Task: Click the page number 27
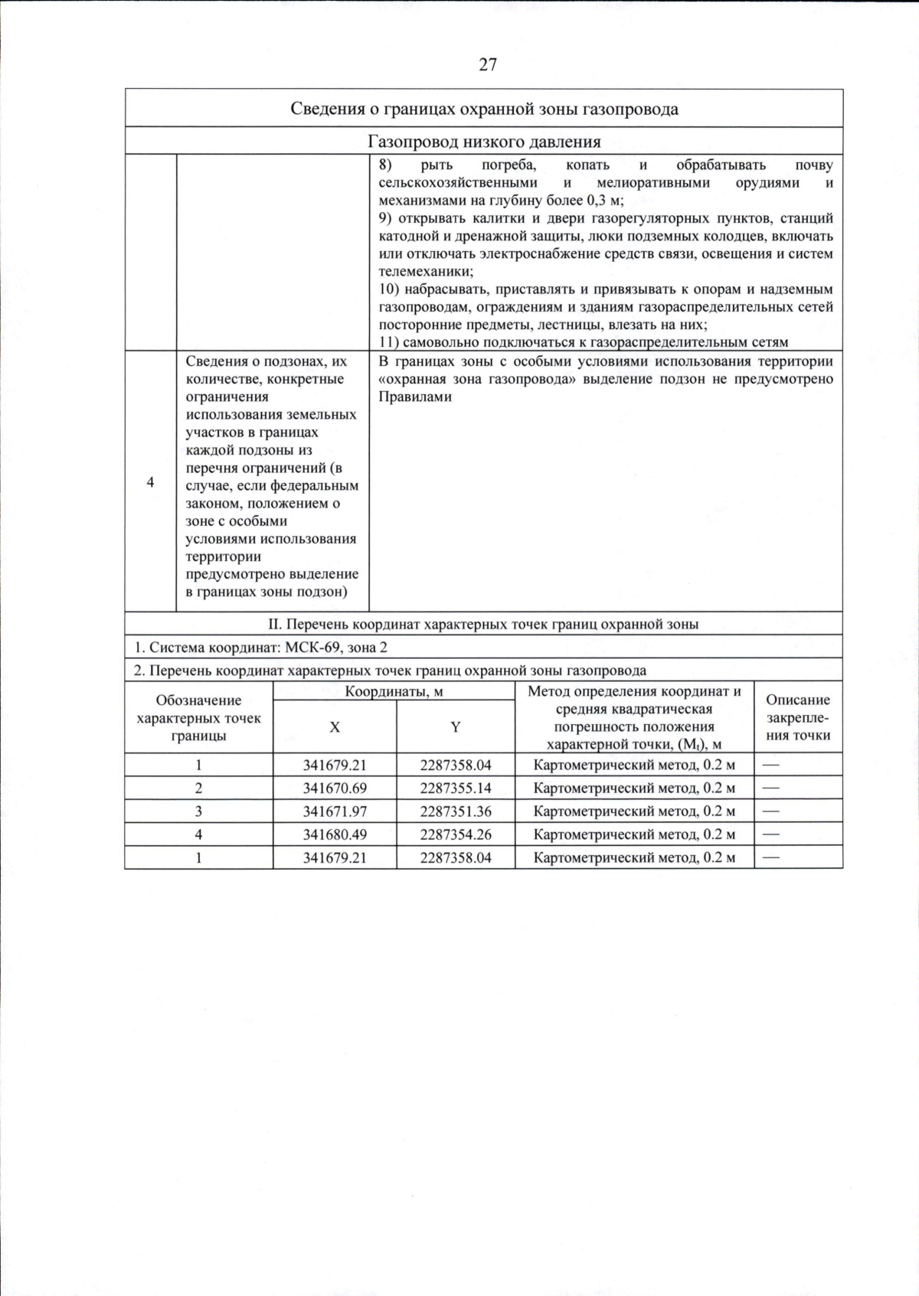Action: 488,65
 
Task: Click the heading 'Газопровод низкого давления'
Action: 484,142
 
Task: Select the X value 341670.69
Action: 335,788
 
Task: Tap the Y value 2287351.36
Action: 455,811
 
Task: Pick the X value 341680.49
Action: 335,834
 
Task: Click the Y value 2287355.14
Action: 455,788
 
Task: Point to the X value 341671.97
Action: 335,811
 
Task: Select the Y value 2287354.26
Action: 455,834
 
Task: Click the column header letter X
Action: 335,727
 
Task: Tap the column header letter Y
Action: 455,727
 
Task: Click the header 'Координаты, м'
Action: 394,691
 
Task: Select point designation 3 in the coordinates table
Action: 198,811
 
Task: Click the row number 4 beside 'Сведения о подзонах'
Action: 150,482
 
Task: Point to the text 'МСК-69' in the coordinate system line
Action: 310,648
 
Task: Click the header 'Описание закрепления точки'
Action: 798,717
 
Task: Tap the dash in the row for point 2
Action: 770,788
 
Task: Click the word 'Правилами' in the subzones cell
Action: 415,397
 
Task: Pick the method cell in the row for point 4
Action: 634,834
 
